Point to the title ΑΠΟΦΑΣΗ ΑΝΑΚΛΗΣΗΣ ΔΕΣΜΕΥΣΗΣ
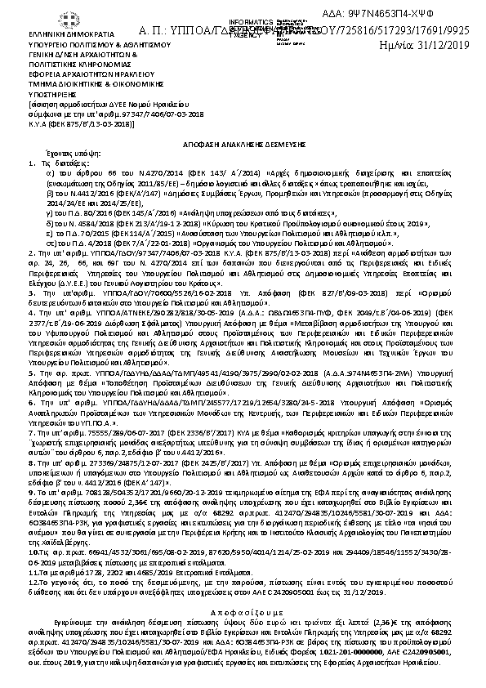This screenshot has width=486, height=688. pyautogui.click(x=242, y=141)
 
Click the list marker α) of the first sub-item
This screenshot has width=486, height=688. pyautogui.click(x=51, y=174)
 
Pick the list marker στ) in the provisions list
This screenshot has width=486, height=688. pyautogui.click(x=51, y=243)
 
